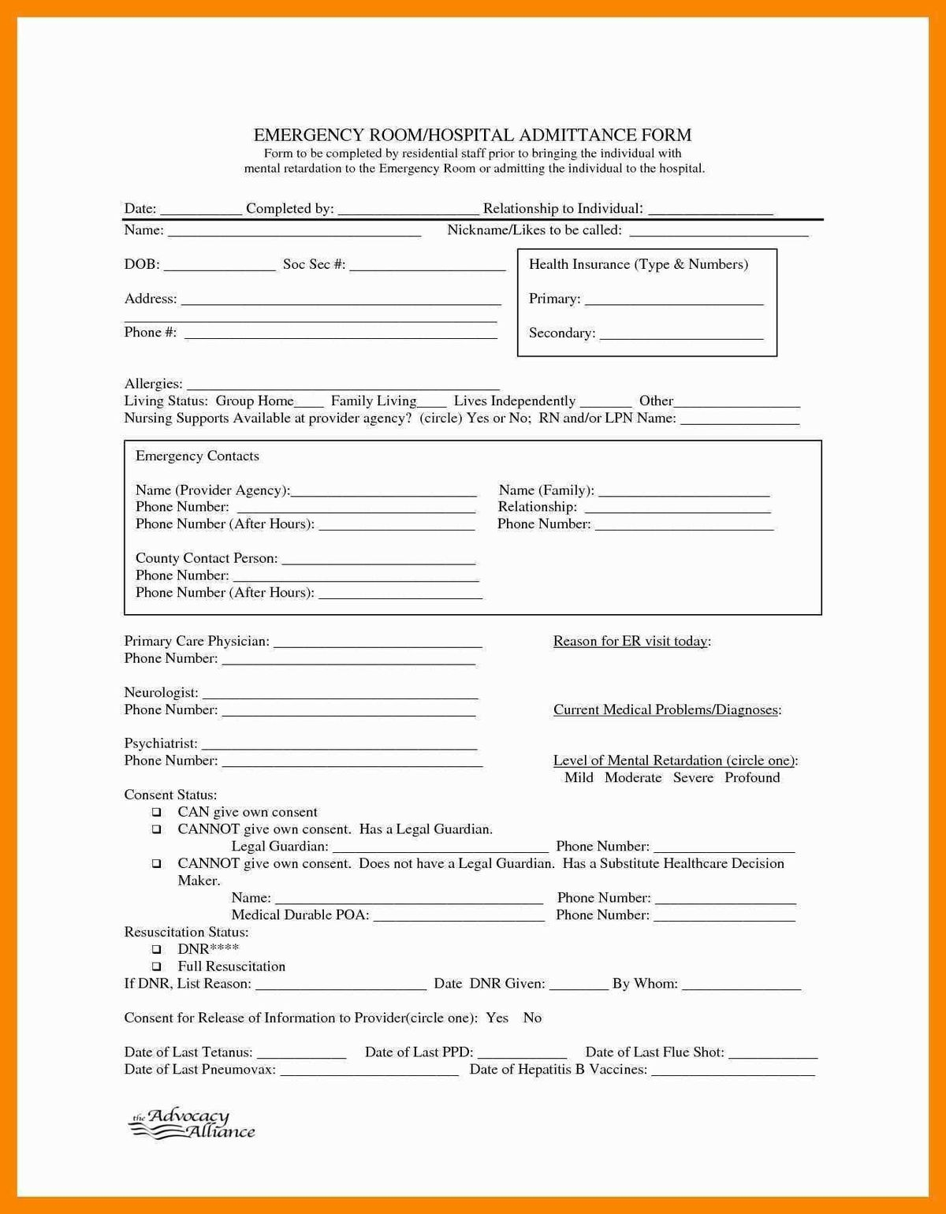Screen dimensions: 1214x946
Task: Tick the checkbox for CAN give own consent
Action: [x=157, y=812]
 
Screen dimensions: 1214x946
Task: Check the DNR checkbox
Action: [x=157, y=949]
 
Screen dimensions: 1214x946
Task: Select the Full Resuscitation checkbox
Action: [x=157, y=966]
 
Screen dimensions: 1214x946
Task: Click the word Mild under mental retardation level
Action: [x=579, y=778]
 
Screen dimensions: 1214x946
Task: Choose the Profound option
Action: [x=752, y=778]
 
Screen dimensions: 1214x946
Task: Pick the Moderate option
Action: [x=633, y=778]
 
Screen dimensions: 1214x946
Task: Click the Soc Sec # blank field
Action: [x=427, y=266]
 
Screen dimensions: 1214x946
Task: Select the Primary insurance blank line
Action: [x=674, y=300]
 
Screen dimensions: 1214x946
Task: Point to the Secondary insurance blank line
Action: [x=681, y=335]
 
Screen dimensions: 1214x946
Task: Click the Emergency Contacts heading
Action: [x=197, y=456]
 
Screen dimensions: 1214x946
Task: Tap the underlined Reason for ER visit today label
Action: [x=631, y=642]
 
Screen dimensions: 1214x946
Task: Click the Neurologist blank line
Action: [x=340, y=695]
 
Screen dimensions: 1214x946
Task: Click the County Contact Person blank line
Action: [x=378, y=560]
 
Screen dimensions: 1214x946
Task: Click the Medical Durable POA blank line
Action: [x=458, y=917]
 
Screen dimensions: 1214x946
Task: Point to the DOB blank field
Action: [x=219, y=266]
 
